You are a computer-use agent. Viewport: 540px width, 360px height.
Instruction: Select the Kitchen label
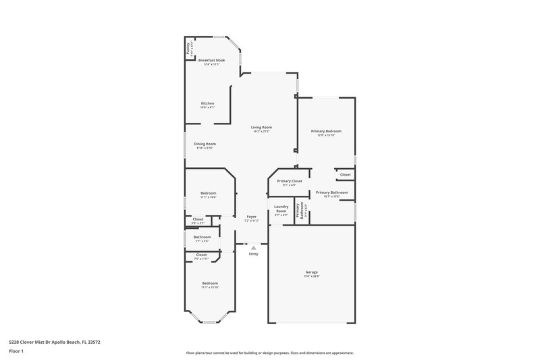207,103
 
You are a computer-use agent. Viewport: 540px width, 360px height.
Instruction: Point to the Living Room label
261,127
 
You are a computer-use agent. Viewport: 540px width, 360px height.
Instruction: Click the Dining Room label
205,143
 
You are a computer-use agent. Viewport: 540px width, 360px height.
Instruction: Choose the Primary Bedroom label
326,130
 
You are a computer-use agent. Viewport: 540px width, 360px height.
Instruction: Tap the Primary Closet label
290,181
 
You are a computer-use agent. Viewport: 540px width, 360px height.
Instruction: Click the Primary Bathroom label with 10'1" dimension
331,192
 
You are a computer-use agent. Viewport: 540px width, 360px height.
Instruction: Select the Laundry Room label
281,209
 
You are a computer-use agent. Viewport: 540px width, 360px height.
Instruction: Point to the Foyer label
251,216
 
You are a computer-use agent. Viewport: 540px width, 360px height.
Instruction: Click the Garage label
311,272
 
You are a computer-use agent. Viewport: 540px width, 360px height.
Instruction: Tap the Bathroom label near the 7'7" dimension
202,237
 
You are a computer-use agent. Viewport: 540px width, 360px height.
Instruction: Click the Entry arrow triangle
253,248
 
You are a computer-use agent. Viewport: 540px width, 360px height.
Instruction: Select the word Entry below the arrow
253,254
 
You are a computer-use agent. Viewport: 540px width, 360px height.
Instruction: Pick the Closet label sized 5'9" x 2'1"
198,219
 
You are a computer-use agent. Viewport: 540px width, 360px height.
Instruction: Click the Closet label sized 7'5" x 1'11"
201,255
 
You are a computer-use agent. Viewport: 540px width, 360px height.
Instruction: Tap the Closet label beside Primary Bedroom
345,174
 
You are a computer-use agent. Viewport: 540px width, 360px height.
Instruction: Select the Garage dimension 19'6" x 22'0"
311,276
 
